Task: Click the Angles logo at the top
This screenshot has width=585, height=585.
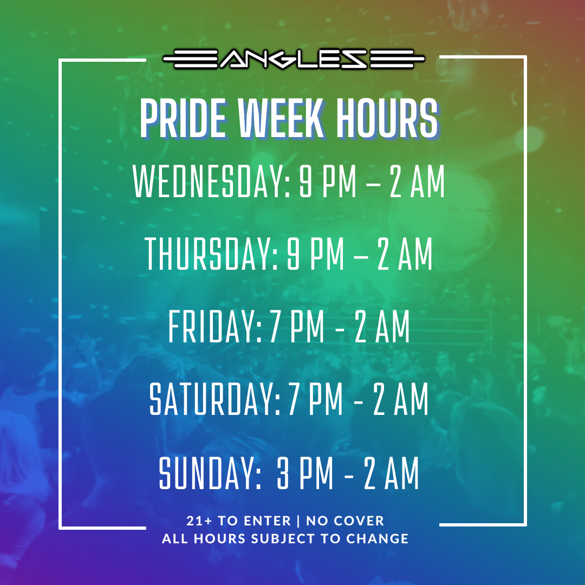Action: pos(294,60)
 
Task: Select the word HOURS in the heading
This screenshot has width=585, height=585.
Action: pos(387,119)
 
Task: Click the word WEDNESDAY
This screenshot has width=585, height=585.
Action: pos(211,181)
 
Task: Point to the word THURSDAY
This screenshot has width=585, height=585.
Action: pos(211,254)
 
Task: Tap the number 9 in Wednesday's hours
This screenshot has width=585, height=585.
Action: pos(305,181)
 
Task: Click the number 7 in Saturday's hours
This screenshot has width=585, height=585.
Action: pos(292,400)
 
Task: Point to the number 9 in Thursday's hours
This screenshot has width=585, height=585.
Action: pos(293,254)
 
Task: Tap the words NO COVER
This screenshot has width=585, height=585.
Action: pos(345,521)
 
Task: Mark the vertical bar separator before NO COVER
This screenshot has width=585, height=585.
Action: pos(298,521)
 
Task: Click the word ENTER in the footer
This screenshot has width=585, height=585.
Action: pos(268,521)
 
